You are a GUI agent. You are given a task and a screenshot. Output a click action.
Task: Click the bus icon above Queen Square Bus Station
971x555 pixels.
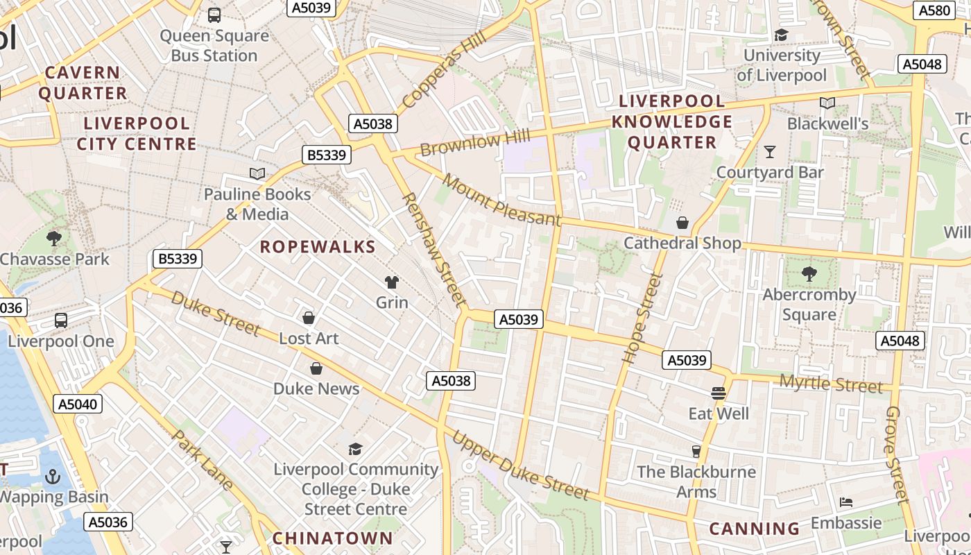point(214,15)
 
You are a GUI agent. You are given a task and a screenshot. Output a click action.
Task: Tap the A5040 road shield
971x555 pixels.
point(78,404)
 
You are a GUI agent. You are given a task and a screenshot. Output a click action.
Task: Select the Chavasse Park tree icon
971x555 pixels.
point(54,239)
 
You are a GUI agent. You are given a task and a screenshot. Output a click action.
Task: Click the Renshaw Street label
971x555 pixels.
point(434,249)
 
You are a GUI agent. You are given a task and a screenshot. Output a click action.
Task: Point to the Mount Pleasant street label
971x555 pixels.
point(501,200)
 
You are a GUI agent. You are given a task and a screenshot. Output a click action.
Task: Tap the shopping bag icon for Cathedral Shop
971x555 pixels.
point(682,223)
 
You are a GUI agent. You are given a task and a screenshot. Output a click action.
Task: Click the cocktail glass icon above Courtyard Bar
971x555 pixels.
point(769,151)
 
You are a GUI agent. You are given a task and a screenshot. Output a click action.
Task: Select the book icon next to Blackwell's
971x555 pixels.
point(827,103)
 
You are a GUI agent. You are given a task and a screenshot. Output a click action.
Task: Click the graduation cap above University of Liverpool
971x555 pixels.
point(782,35)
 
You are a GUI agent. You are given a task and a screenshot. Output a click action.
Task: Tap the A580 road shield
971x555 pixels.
point(934,10)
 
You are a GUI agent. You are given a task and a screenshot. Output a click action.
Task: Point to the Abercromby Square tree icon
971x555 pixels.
point(809,274)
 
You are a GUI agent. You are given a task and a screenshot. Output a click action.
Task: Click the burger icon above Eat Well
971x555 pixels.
point(719,393)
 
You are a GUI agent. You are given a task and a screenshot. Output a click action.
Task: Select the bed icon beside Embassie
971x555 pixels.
point(845,502)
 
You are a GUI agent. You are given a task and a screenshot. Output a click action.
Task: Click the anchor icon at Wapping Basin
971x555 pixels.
point(53,477)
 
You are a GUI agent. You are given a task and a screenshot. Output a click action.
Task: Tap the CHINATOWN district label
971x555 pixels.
point(332,538)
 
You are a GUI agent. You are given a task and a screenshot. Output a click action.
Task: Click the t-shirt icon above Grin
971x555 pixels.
point(392,282)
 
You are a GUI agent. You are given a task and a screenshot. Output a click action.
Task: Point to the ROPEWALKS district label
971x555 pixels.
point(318,246)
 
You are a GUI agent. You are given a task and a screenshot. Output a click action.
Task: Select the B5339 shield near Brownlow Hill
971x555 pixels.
point(327,155)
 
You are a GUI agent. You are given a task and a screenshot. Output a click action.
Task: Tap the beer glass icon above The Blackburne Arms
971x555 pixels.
point(696,452)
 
